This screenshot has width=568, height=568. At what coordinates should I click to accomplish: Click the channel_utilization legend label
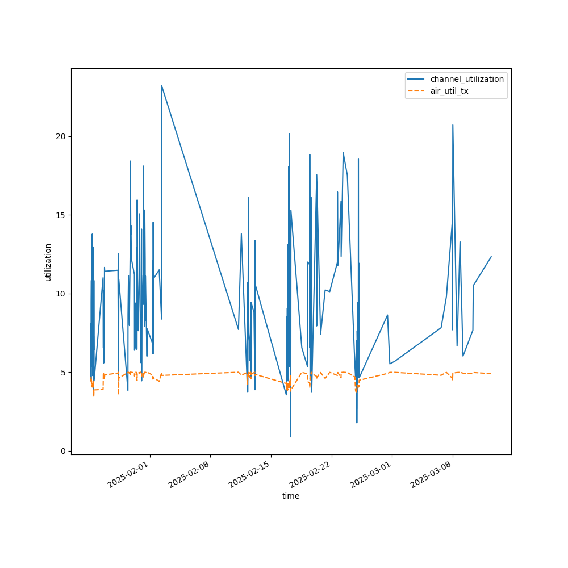[x=467, y=79]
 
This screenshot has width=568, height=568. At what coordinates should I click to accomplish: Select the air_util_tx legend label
[x=449, y=91]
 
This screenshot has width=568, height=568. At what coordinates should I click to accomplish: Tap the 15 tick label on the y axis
[x=61, y=215]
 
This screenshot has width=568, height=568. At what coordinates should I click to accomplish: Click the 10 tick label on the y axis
[x=61, y=294]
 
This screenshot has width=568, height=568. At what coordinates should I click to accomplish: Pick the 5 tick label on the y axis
[x=63, y=373]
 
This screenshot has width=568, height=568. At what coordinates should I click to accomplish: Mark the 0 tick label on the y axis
[x=63, y=451]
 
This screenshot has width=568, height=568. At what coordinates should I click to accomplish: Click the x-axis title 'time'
[x=291, y=496]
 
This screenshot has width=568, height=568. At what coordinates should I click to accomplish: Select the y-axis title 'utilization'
[x=48, y=262]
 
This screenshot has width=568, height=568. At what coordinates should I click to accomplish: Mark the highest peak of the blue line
[x=161, y=86]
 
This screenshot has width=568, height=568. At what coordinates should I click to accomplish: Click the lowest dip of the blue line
[x=290, y=436]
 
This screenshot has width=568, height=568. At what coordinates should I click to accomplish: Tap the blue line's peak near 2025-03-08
[x=453, y=125]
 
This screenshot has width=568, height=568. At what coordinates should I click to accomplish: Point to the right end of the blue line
[x=491, y=257]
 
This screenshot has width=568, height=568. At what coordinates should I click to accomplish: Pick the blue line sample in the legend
[x=416, y=79]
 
